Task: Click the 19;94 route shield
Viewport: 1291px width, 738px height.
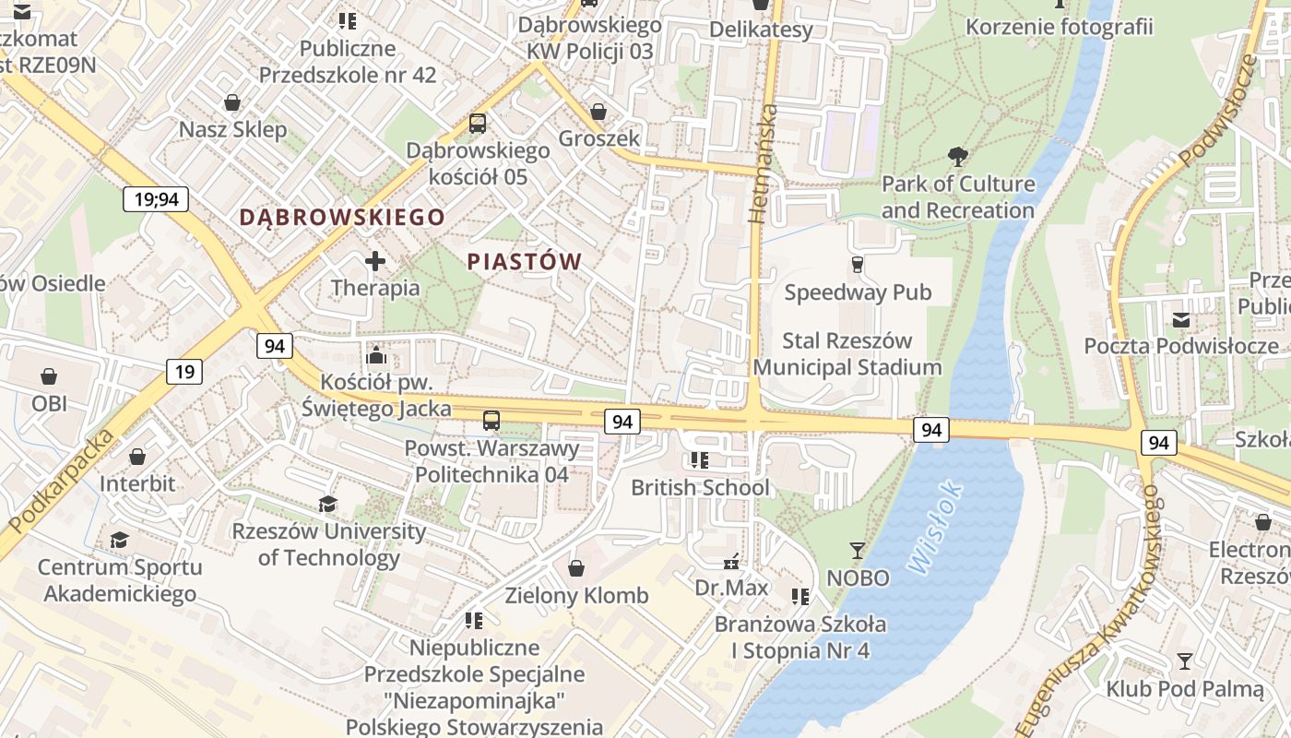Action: coord(156,198)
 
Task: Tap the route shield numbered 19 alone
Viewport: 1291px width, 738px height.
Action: coord(184,372)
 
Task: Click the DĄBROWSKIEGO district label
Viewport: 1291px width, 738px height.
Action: coord(342,218)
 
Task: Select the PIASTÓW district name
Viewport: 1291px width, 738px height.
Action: coord(524,262)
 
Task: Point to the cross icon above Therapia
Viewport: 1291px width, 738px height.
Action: coord(375,262)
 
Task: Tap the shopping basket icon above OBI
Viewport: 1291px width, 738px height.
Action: coord(49,376)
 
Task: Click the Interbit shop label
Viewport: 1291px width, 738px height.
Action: coord(137,483)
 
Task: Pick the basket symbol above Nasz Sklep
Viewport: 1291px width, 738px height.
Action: coord(232,102)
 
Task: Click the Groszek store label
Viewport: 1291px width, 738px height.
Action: coord(599,138)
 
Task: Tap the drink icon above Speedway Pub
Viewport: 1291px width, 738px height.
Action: coord(858,266)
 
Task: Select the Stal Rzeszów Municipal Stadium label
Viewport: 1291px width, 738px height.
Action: coord(847,354)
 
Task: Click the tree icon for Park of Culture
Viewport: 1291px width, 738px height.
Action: coord(958,157)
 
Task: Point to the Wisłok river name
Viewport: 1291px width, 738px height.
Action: coord(936,530)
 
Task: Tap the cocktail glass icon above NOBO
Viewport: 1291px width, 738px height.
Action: coord(858,551)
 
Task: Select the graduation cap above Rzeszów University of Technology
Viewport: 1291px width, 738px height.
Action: coord(327,504)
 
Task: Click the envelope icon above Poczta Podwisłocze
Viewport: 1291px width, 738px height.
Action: coord(1181,320)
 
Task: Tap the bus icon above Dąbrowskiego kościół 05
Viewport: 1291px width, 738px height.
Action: coord(478,123)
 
